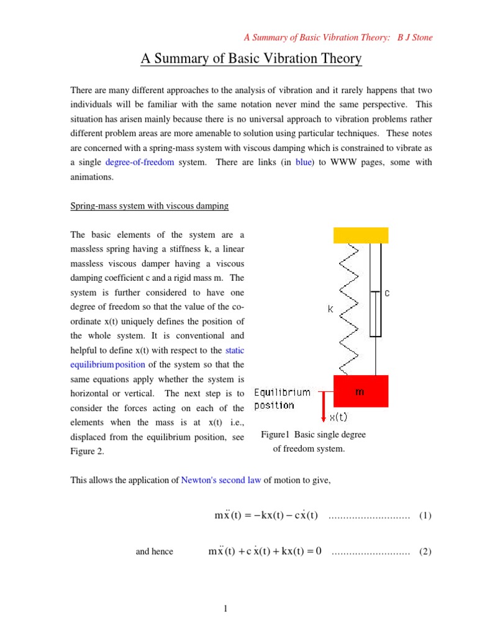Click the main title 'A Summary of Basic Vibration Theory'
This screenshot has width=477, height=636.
tap(251, 59)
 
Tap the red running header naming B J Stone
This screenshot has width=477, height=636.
tap(338, 37)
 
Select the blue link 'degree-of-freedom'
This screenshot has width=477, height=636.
tap(140, 162)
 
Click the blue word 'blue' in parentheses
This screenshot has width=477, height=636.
tap(304, 162)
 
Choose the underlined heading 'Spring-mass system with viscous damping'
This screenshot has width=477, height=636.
tap(150, 206)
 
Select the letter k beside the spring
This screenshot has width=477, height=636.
tap(331, 308)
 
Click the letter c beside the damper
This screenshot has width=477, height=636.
tap(387, 293)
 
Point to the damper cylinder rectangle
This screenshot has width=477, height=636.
tap(375, 314)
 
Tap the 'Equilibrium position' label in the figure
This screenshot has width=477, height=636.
tap(283, 399)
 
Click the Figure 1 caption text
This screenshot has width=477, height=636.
tap(313, 442)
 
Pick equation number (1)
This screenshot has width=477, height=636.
tap(425, 516)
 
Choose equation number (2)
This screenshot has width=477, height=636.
tap(425, 552)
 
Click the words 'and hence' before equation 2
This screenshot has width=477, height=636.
tap(154, 552)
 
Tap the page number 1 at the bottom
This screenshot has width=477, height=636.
tap(227, 609)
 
